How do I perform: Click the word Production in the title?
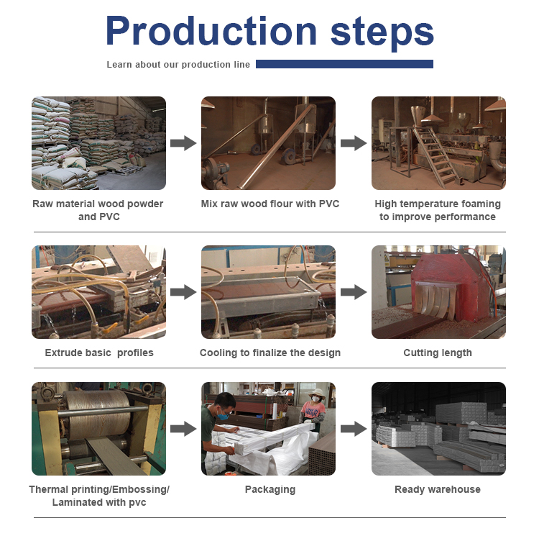coord(211,31)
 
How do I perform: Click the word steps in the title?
coord(382,31)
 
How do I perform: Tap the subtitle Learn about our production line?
coord(178,65)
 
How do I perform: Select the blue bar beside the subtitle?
coord(344,64)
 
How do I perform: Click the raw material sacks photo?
coord(98,143)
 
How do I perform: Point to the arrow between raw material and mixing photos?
coord(183,143)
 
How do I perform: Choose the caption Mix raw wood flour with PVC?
coord(269,204)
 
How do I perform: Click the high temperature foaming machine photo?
coord(438,143)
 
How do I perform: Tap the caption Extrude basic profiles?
coord(99,353)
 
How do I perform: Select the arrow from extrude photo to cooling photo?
coord(183,292)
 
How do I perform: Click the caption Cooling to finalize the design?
coord(269,353)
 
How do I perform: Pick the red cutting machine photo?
coord(438,292)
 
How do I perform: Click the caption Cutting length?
coord(438,353)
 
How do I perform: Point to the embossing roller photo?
coord(98,429)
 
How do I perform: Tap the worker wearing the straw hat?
coord(313,406)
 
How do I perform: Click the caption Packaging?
coord(269,489)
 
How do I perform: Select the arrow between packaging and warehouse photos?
coord(353,429)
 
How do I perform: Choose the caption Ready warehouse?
coord(438,489)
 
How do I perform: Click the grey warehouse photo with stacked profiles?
coord(438,429)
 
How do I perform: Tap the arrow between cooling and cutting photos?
coord(353,292)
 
